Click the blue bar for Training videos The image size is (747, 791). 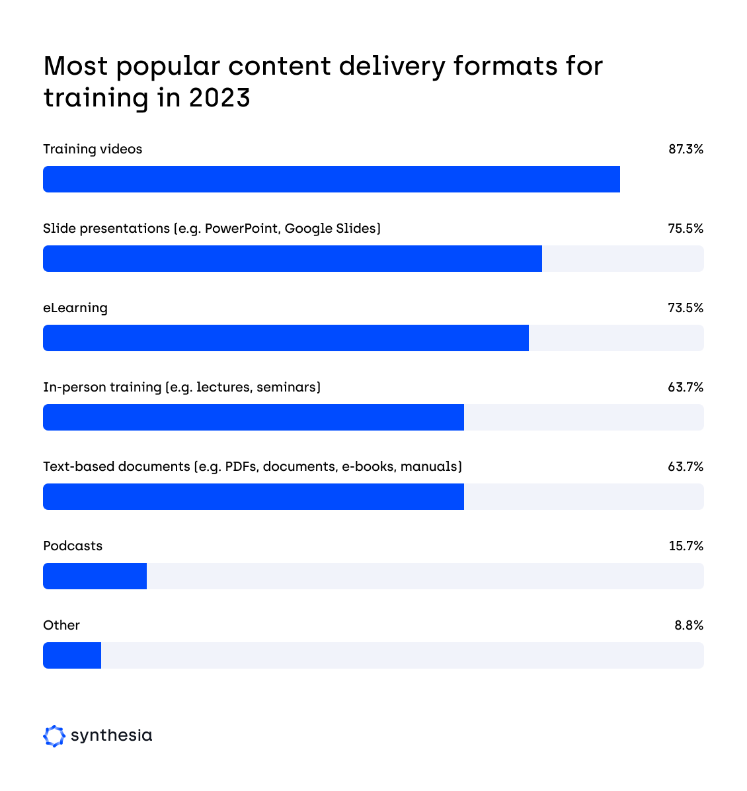coord(331,179)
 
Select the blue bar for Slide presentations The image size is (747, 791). coord(292,259)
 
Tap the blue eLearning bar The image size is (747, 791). coord(286,338)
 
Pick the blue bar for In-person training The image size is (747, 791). coord(253,417)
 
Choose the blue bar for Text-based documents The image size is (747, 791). coord(253,497)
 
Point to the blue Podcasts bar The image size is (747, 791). coord(95,576)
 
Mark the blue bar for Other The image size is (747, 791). coord(72,655)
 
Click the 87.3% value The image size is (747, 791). coord(686,149)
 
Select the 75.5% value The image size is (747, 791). coord(686,229)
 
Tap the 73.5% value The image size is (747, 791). coord(686,308)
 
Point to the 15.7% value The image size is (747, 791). coord(686,546)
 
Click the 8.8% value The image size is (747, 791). coord(689,626)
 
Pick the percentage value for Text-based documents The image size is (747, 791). coord(686,467)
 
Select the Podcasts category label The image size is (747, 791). coord(73,546)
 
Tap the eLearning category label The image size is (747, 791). coord(75,308)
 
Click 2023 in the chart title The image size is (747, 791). coord(219,98)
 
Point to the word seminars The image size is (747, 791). coord(287,388)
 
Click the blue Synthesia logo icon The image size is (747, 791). coord(54,735)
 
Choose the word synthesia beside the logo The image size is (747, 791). coord(111,735)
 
